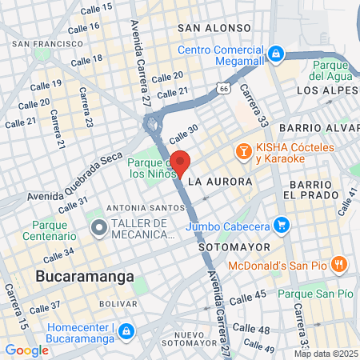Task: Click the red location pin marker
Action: [180, 162]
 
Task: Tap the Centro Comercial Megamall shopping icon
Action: [276, 54]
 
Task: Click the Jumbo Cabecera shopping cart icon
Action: [280, 226]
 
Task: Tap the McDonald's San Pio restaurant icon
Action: [339, 265]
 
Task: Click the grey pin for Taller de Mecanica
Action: [98, 228]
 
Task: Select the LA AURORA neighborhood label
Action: [220, 182]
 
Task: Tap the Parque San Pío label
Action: [315, 294]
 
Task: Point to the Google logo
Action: [26, 350]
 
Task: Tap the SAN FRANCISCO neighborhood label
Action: [47, 43]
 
